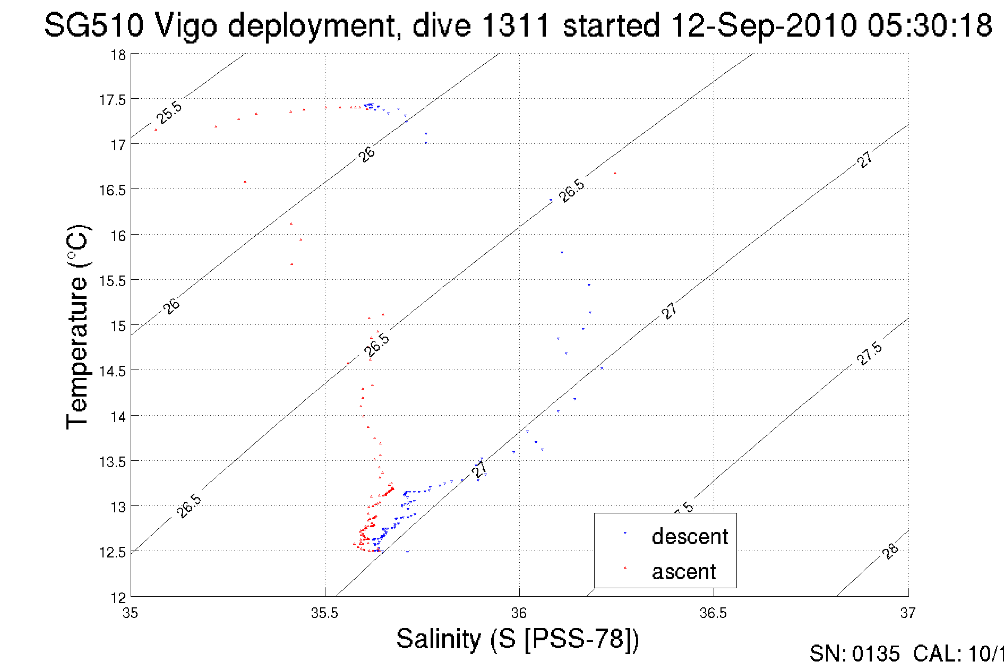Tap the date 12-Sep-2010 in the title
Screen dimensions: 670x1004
[x=764, y=25]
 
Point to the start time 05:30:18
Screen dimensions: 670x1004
[x=930, y=25]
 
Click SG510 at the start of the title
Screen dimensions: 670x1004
[x=93, y=25]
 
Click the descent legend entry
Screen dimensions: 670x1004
[x=689, y=537]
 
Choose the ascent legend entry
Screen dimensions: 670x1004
[x=684, y=572]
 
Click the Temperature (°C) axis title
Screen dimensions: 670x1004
[x=78, y=327]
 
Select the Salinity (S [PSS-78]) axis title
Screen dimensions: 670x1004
[x=517, y=638]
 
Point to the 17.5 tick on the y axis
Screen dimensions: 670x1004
[x=112, y=100]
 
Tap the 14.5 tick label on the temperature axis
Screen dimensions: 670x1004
[x=112, y=371]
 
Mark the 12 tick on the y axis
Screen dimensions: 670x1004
[x=118, y=598]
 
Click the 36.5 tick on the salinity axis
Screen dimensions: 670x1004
[x=713, y=613]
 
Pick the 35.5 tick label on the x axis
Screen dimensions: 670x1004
[x=324, y=613]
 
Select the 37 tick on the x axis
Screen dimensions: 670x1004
[x=908, y=613]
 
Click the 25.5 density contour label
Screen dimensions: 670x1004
[x=169, y=113]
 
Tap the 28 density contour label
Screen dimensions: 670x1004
[x=890, y=551]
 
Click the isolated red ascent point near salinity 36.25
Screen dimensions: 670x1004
[x=615, y=173]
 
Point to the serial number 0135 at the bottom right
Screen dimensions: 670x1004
[x=876, y=654]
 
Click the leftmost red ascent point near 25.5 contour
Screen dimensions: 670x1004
[x=156, y=130]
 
